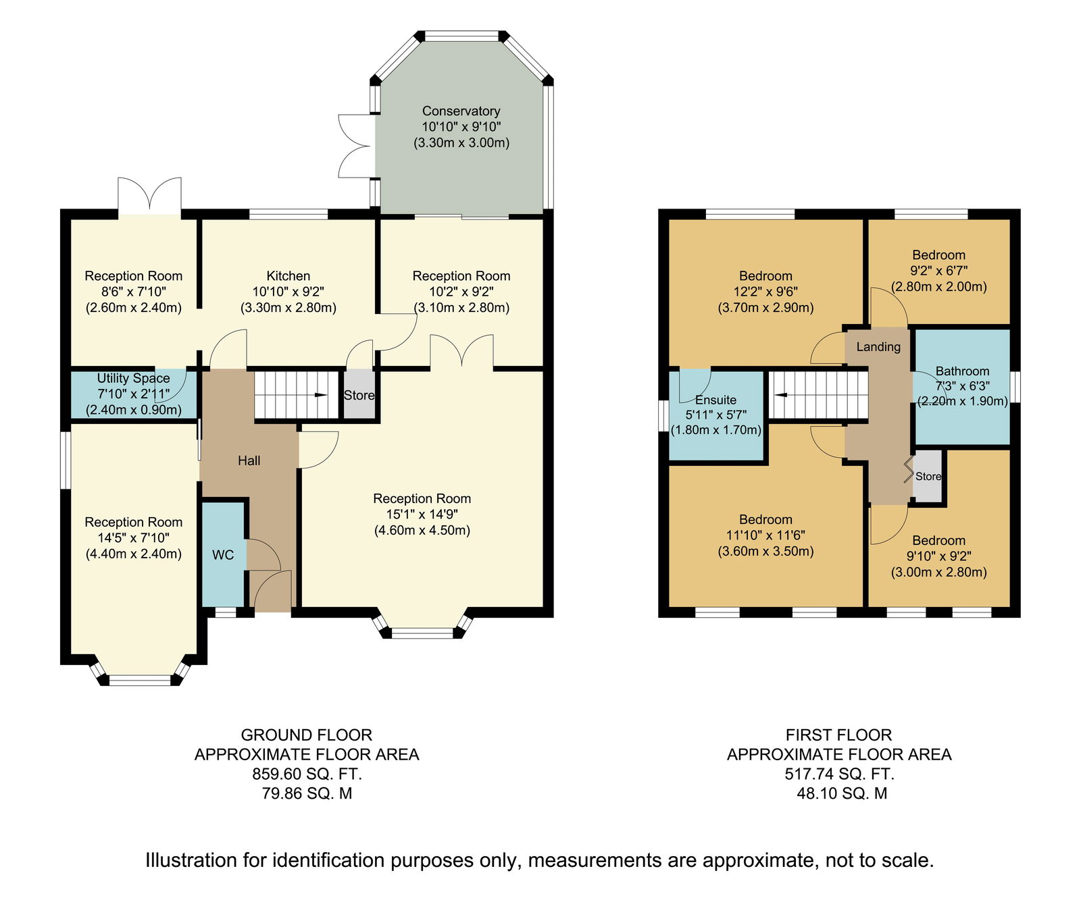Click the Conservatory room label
[461, 111]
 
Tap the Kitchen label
[288, 276]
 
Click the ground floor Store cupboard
[359, 395]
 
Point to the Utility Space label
[134, 379]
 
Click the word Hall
[249, 461]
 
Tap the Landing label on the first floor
[878, 347]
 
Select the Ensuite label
[716, 400]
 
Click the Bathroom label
[963, 371]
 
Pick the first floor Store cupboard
[928, 477]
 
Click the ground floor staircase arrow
[320, 395]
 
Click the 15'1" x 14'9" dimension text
[422, 514]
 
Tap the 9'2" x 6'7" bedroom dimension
[939, 271]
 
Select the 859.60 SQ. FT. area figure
[307, 774]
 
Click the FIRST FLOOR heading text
[839, 735]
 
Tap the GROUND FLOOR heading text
[307, 735]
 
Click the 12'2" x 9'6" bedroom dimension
[765, 292]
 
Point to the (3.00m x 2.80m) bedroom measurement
[939, 573]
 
